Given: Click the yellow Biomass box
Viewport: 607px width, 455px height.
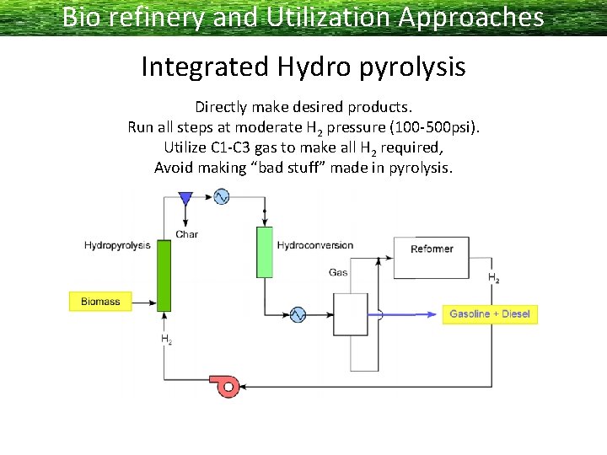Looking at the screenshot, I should [x=100, y=302].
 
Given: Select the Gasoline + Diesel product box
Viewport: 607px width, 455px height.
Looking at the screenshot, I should [x=489, y=314].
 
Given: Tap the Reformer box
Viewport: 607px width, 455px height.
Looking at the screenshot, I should [x=432, y=249].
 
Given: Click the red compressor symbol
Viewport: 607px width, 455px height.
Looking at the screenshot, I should [x=227, y=386].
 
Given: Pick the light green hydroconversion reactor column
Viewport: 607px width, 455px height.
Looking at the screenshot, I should [x=265, y=252].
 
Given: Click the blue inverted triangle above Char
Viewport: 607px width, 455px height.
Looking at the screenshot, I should [x=185, y=198].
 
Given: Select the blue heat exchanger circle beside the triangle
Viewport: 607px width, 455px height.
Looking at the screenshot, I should [x=221, y=197].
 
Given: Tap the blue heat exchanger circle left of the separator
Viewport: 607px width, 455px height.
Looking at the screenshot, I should [x=297, y=314].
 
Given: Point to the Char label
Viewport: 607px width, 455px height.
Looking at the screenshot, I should [x=187, y=233].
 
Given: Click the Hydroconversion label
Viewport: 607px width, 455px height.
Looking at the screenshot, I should [x=314, y=245].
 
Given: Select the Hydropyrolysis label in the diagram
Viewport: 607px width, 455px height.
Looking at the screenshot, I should [x=117, y=245].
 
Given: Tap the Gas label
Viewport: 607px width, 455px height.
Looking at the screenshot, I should [x=338, y=272].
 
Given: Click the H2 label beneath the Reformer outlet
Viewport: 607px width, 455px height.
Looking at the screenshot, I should [x=493, y=278].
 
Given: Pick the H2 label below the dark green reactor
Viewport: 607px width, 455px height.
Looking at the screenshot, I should [x=166, y=340].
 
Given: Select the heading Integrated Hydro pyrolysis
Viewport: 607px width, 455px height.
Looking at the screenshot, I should [x=303, y=66].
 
